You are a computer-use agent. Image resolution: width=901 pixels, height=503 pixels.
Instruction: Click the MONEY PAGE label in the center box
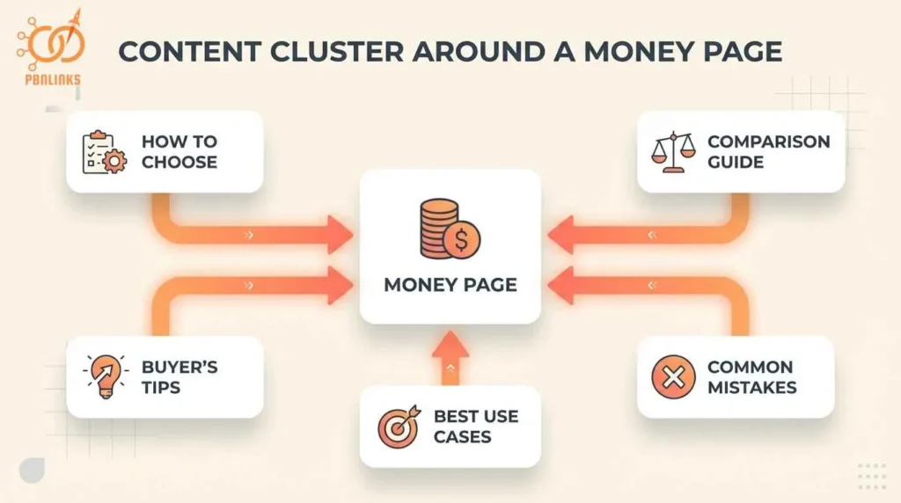pos(450,285)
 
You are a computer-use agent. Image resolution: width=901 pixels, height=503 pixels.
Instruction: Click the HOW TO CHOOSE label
pos(179,151)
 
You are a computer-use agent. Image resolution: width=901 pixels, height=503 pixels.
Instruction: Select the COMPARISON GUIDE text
pos(768,151)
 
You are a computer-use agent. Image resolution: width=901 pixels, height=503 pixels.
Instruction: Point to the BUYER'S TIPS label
pos(179,376)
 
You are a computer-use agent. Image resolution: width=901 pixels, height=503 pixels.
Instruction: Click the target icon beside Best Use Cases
pos(397,426)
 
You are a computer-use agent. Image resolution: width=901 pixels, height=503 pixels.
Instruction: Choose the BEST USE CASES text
pos(476,426)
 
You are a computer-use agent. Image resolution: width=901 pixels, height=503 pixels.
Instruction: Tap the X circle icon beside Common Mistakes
pos(673,377)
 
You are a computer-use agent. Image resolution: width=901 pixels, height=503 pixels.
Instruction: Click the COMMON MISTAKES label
pos(751,377)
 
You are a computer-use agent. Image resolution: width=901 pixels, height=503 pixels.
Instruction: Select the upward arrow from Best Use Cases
pos(450,357)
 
